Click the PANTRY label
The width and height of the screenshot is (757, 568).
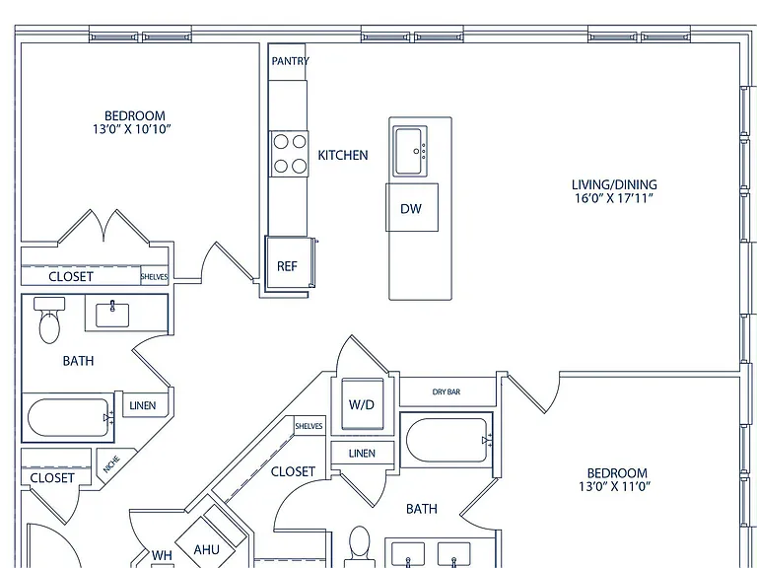point(290,61)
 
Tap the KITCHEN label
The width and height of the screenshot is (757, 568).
point(343,155)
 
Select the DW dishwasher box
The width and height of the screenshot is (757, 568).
point(412,207)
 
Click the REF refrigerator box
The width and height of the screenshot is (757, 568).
point(288,262)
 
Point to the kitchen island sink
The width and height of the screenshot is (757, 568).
point(410,151)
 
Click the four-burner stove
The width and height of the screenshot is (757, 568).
point(289,154)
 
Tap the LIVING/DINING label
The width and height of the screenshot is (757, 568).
point(614,184)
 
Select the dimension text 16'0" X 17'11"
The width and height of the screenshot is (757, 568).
point(614,198)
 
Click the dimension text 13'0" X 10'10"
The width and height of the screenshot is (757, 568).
point(132,129)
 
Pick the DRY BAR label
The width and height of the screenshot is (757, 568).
point(447,391)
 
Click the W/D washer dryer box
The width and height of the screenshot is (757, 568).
point(363,404)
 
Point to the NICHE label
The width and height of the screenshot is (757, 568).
point(111,464)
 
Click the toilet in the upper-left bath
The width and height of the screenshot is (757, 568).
point(49,319)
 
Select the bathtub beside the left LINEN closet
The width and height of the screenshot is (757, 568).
point(69,418)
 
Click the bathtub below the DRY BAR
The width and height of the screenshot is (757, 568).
point(447,440)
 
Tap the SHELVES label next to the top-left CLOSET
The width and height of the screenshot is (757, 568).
point(155,277)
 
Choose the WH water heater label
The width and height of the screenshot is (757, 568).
point(162,555)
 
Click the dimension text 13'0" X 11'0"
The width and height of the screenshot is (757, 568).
point(615,486)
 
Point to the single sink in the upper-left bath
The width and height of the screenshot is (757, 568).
point(112,315)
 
